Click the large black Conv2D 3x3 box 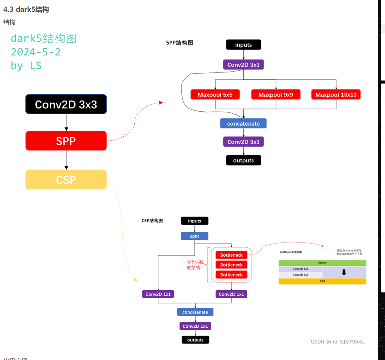coord(66,104)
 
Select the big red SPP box coord(66,141)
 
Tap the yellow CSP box coord(66,179)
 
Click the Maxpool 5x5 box coord(215,95)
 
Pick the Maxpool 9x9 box coord(276,95)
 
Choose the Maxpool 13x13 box coord(336,95)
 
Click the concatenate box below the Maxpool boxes coord(243,123)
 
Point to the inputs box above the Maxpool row coord(243,45)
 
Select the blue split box coord(194,236)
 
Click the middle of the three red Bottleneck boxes coord(231,265)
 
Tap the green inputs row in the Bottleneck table coord(322,263)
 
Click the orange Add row coord(322,281)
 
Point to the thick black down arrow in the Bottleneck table coord(344,272)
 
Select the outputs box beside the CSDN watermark coord(195,340)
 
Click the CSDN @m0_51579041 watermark coord(337,342)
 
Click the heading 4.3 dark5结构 coord(26,9)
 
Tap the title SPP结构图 coord(180,43)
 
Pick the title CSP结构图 coord(152,221)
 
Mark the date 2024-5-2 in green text coord(36,52)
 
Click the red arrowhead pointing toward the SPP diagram coord(161,103)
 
